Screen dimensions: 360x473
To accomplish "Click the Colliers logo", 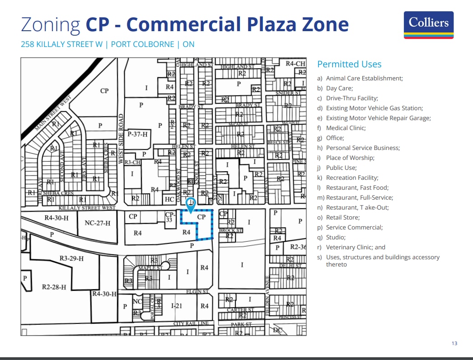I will tap(428, 25).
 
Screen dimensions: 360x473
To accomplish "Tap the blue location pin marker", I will tap(191, 205).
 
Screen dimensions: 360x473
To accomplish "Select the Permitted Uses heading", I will tap(349, 64).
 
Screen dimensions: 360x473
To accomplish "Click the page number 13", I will tap(454, 343).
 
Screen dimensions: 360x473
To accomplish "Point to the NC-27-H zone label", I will tap(97, 223).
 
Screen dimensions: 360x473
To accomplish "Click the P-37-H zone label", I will tap(138, 134).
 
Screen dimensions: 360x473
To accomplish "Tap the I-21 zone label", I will tap(177, 306).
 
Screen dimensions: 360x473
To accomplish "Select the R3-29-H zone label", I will tap(71, 258).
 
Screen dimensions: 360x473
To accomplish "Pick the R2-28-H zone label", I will tap(54, 287).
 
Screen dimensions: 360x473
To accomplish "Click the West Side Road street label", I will tap(121, 139).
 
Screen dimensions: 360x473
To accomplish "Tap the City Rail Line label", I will tap(191, 324).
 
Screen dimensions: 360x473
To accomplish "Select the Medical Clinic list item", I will tap(346, 128).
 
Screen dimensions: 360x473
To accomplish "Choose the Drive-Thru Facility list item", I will tap(352, 98).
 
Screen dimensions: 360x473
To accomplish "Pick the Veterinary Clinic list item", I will tap(356, 247).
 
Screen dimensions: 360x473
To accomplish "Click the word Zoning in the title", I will tap(51, 24).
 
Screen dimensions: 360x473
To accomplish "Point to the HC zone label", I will tap(169, 199).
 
